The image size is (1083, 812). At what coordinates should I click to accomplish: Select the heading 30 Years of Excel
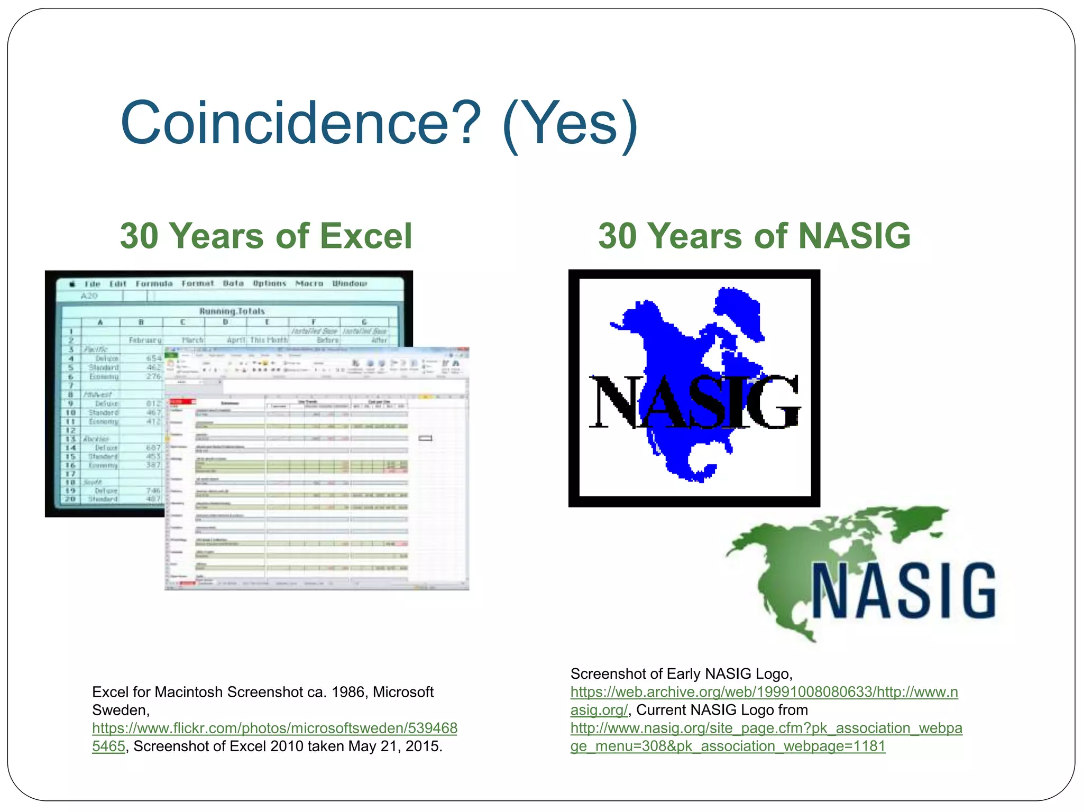265,236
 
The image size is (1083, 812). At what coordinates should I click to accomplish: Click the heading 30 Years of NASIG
754,236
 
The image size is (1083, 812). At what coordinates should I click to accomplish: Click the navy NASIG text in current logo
903,591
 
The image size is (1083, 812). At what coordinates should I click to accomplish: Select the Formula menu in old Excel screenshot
154,284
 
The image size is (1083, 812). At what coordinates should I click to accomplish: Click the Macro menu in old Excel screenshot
309,284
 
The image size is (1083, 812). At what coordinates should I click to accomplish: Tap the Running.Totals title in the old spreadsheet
232,311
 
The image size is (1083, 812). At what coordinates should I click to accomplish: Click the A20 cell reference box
89,296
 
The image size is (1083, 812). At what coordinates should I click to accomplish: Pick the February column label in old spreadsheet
145,340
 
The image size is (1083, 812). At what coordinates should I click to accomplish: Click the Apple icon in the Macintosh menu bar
72,284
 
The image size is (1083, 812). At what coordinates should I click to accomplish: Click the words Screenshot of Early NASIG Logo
681,674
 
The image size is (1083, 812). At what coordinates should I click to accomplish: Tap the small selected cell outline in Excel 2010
425,438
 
